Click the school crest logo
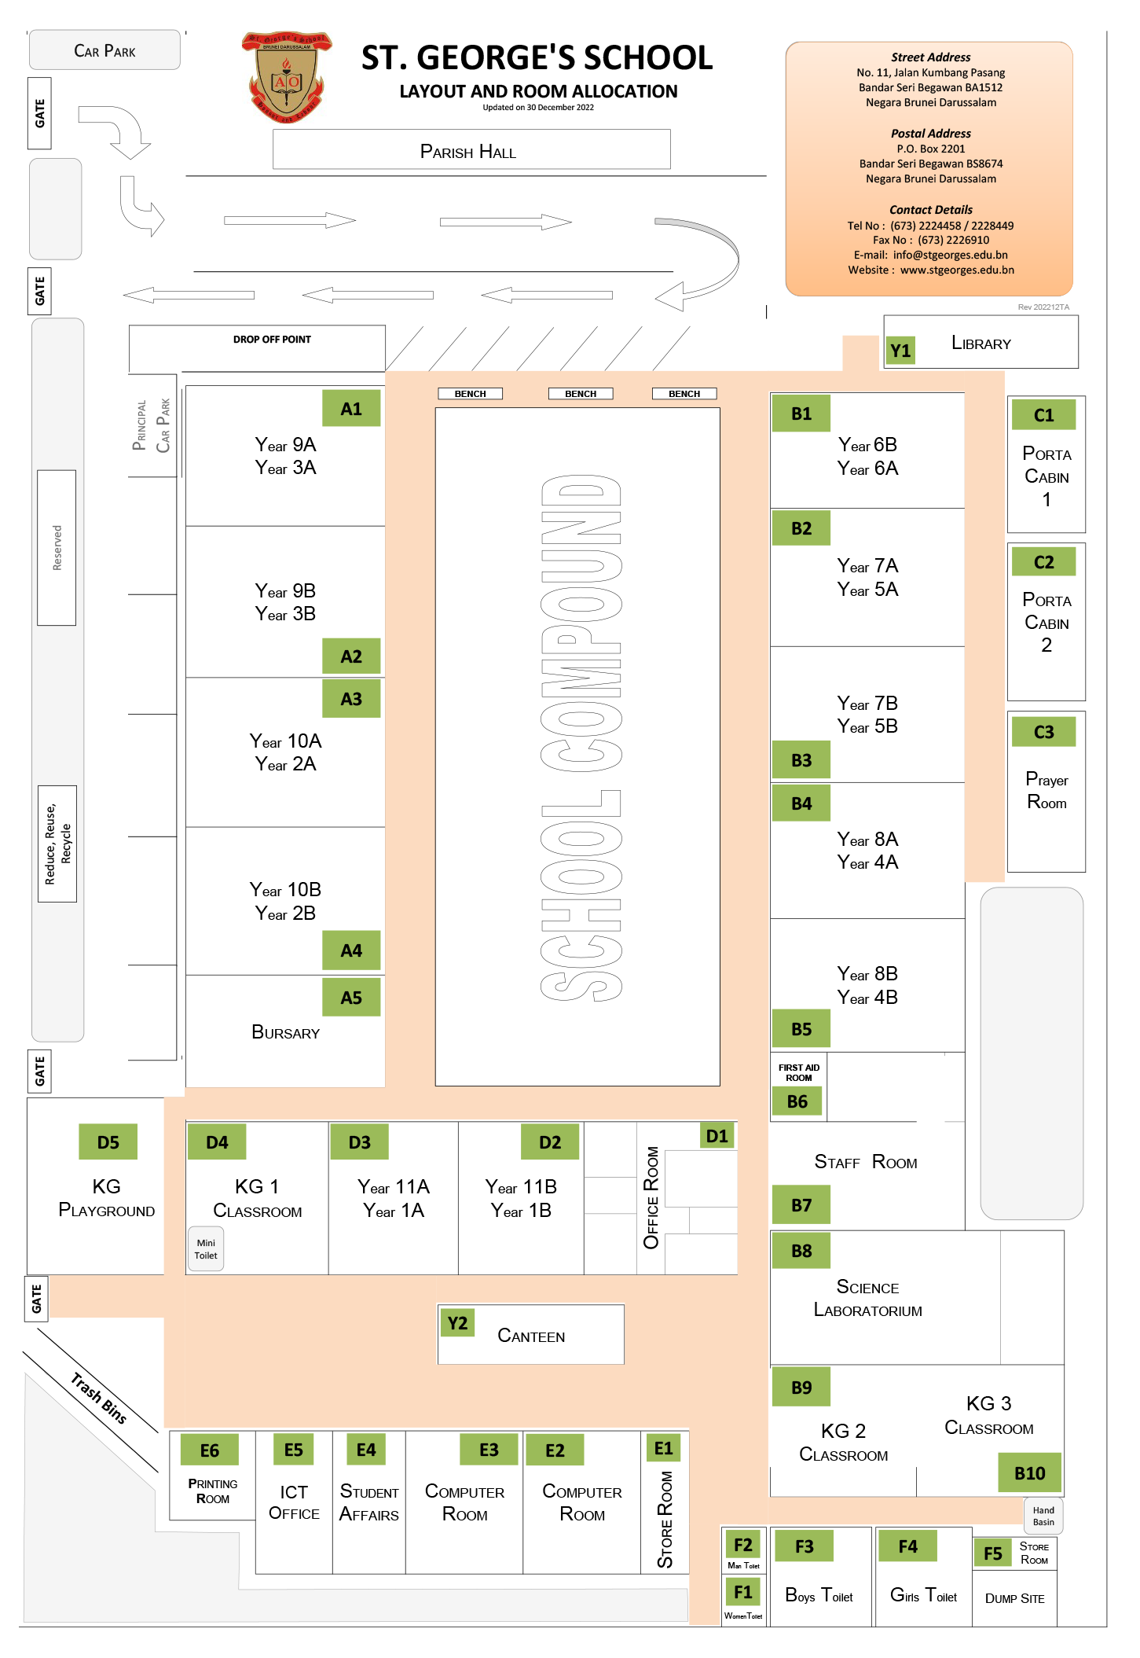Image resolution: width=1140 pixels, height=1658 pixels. (x=286, y=77)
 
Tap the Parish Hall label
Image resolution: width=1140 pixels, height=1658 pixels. (x=468, y=151)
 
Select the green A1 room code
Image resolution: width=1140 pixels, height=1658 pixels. (x=351, y=409)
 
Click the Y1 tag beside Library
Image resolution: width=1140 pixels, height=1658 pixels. (x=900, y=350)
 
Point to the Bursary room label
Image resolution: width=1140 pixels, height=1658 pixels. (x=285, y=1032)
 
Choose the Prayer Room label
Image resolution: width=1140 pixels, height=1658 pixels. (x=1047, y=790)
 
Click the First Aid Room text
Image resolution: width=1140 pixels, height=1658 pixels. (x=798, y=1072)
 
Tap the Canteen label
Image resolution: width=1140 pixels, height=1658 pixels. (x=531, y=1336)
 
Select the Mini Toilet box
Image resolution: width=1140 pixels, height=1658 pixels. (x=206, y=1248)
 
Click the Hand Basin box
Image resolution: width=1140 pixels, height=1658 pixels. (x=1043, y=1516)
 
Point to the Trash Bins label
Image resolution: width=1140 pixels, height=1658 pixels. (x=99, y=1398)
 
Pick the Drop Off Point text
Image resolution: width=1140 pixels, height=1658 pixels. (x=272, y=340)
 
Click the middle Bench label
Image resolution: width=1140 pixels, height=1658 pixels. (x=581, y=394)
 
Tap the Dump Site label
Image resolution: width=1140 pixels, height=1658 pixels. (x=1014, y=1598)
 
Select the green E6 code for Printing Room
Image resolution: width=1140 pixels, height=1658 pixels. (x=210, y=1450)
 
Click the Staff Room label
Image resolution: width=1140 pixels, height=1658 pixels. (x=866, y=1162)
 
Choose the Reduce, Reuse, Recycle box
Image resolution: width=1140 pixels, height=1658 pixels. (x=57, y=844)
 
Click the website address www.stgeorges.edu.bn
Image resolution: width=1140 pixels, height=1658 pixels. (x=956, y=270)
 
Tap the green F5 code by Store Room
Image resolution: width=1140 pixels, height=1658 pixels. (x=992, y=1553)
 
